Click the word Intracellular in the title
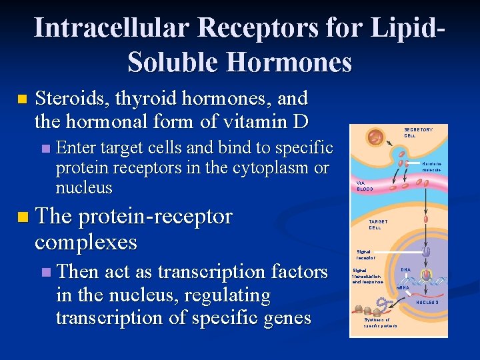click(113, 28)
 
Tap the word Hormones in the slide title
click(288, 62)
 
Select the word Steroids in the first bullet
click(71, 99)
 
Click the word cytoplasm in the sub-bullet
click(267, 167)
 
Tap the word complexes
click(86, 241)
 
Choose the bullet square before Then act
click(45, 272)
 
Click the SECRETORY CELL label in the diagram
click(418, 133)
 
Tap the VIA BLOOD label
click(365, 186)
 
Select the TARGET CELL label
click(378, 225)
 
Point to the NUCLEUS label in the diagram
click(427, 302)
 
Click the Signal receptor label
click(365, 254)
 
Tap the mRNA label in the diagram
click(403, 287)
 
